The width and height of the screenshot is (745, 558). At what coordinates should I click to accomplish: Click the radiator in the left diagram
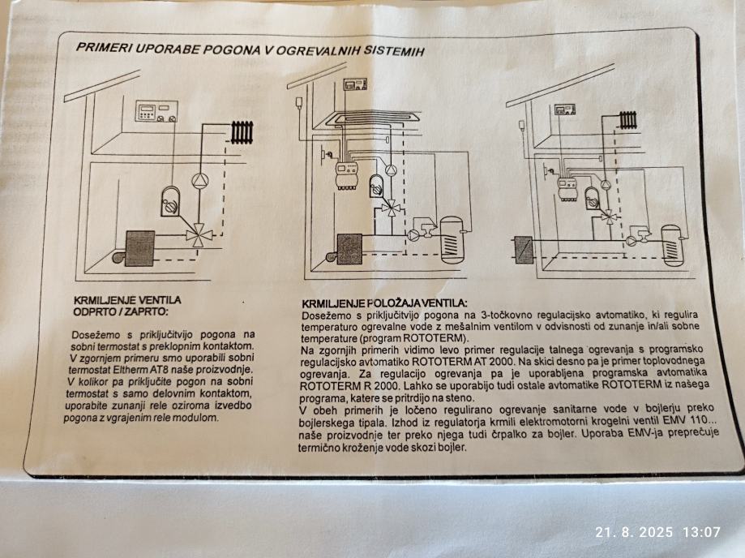pyautogui.click(x=242, y=133)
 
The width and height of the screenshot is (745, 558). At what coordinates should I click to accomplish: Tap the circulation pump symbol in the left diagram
pyautogui.click(x=200, y=181)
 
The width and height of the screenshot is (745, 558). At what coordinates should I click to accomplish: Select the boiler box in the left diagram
pyautogui.click(x=140, y=248)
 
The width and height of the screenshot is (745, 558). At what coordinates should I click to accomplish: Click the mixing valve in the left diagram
pyautogui.click(x=196, y=234)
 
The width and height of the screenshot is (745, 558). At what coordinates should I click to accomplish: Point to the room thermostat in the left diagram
pyautogui.click(x=156, y=111)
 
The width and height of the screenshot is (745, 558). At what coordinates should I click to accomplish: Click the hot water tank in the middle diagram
pyautogui.click(x=452, y=239)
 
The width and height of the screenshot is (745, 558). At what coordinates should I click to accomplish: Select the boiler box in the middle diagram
pyautogui.click(x=349, y=248)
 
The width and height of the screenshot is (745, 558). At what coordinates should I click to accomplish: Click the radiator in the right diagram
pyautogui.click(x=628, y=120)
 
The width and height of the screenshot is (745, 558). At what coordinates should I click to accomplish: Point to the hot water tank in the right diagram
pyautogui.click(x=672, y=247)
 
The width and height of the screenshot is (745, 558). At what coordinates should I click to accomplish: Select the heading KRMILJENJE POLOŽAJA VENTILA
pyautogui.click(x=384, y=303)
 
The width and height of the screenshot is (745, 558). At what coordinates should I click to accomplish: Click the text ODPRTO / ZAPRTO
pyautogui.click(x=121, y=311)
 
